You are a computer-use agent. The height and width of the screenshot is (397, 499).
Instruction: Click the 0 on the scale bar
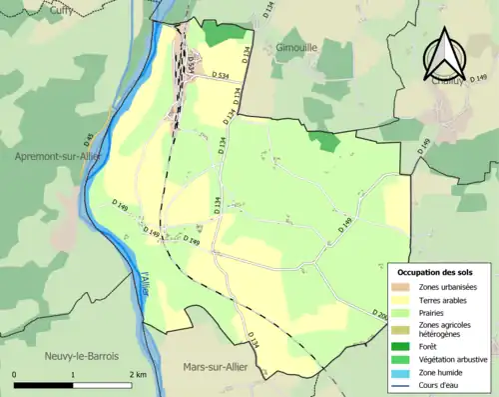click(x=14, y=374)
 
